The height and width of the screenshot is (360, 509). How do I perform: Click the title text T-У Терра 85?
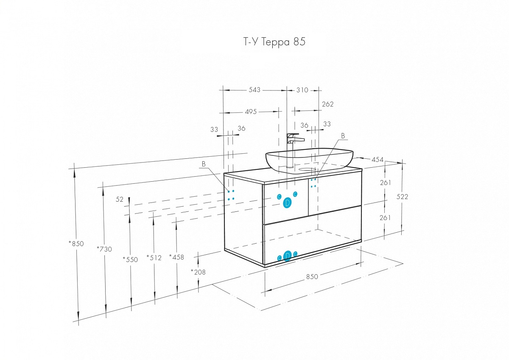[274, 42]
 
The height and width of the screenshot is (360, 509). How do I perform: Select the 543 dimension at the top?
[254, 90]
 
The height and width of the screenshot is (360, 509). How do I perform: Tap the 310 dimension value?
[302, 90]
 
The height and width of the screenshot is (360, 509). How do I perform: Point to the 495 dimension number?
[251, 112]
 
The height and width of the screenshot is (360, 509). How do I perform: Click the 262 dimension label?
[327, 104]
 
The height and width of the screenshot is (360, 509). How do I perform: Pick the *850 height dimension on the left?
[76, 244]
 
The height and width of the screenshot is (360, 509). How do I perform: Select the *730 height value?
[104, 249]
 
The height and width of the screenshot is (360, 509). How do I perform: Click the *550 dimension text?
[130, 259]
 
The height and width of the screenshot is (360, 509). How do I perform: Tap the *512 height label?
[154, 258]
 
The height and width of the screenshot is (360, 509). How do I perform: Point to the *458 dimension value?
[176, 257]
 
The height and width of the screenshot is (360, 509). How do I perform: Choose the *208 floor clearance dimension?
[198, 272]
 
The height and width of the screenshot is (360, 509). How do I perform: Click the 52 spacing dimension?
[120, 199]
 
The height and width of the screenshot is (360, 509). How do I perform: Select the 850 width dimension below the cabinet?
[312, 277]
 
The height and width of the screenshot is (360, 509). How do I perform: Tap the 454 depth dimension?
[378, 160]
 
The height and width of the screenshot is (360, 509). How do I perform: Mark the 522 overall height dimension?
[402, 197]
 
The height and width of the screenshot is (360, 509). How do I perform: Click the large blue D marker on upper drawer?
[287, 202]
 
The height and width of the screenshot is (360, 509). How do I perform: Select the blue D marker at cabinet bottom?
[287, 256]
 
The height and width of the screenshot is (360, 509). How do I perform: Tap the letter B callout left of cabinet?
[204, 164]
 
